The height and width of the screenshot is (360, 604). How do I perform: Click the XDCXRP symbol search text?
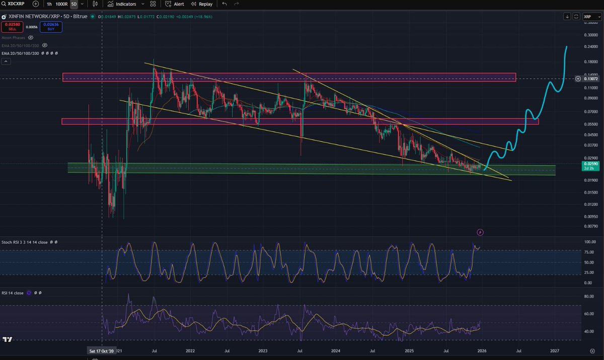16,4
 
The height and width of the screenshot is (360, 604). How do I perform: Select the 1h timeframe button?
49,4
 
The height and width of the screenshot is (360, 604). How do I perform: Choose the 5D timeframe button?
73,4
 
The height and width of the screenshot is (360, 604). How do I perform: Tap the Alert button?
175,4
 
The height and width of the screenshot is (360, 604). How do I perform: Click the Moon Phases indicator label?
14,38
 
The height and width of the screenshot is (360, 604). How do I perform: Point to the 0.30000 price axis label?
591,35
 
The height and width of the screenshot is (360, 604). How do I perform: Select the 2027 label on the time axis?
555,350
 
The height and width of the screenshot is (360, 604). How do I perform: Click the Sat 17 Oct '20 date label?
102,350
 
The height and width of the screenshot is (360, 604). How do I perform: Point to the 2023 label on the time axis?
263,350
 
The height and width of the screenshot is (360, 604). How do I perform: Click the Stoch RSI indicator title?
25,242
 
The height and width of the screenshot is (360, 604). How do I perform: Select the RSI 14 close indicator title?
13,293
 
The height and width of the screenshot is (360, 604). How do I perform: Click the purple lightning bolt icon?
480,232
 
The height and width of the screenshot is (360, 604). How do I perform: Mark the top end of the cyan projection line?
567,47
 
